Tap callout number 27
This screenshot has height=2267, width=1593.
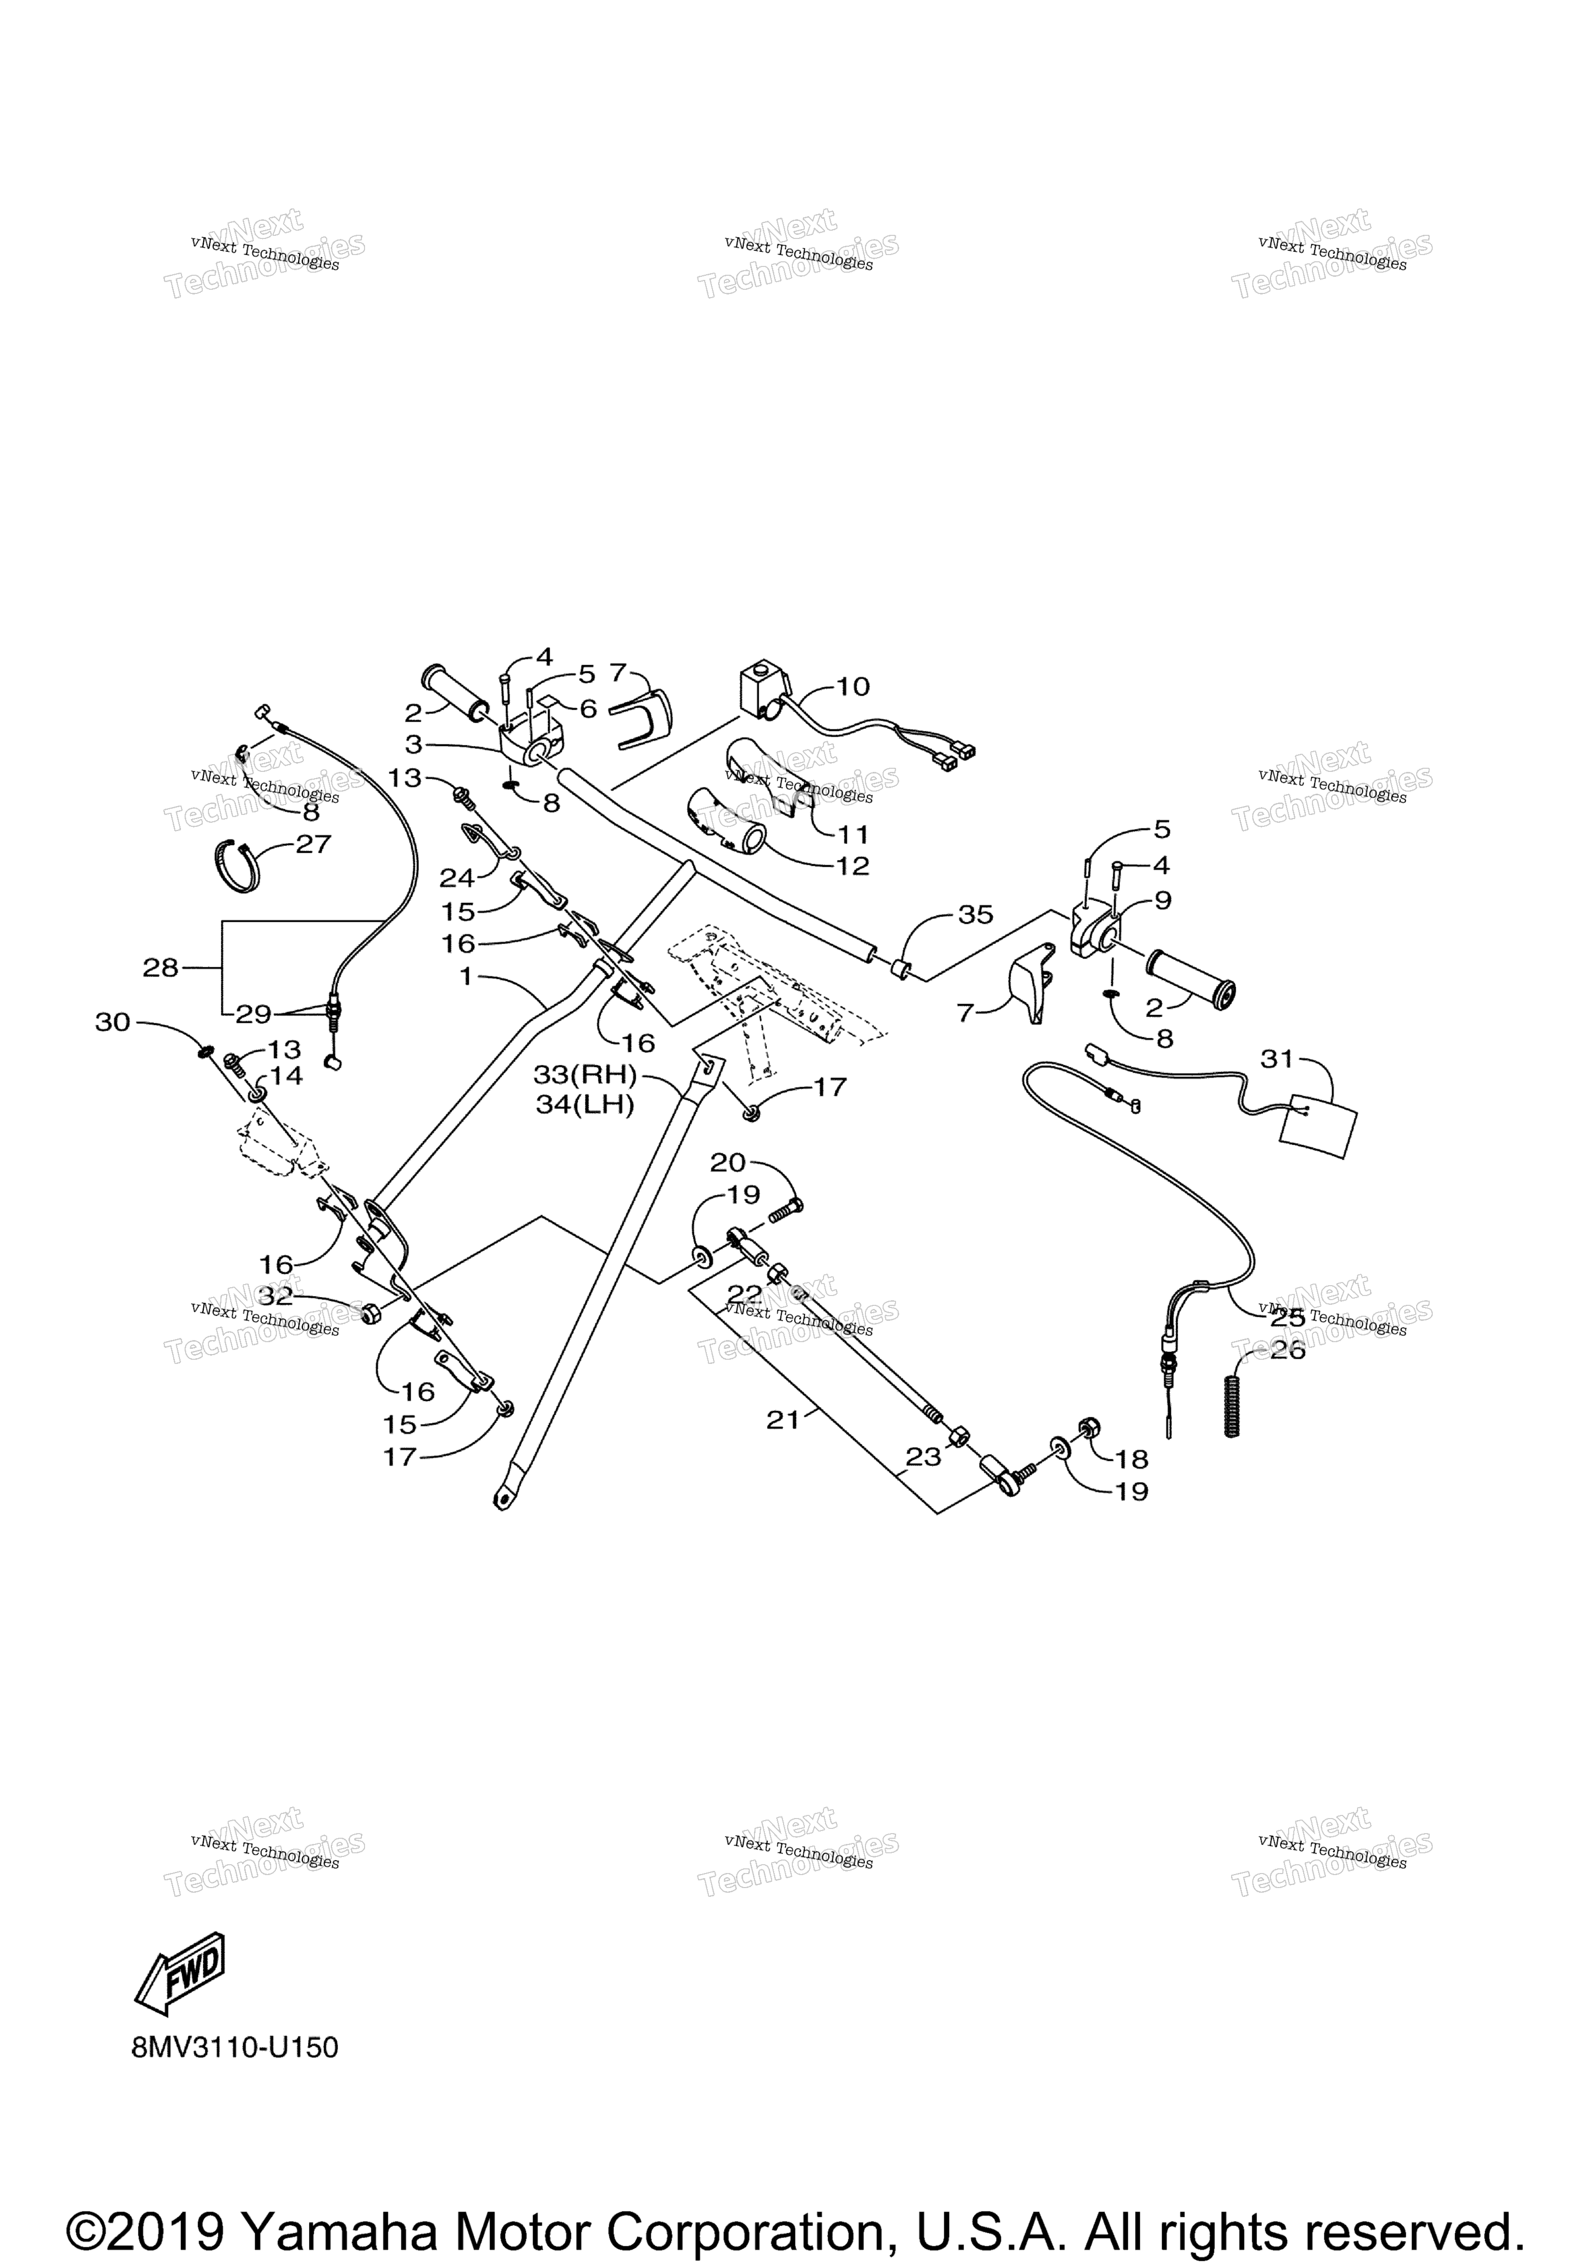314,844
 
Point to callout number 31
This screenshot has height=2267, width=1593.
1277,1060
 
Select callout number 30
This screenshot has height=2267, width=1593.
113,1022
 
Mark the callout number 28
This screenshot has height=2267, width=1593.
160,968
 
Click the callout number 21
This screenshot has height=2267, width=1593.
783,1420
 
